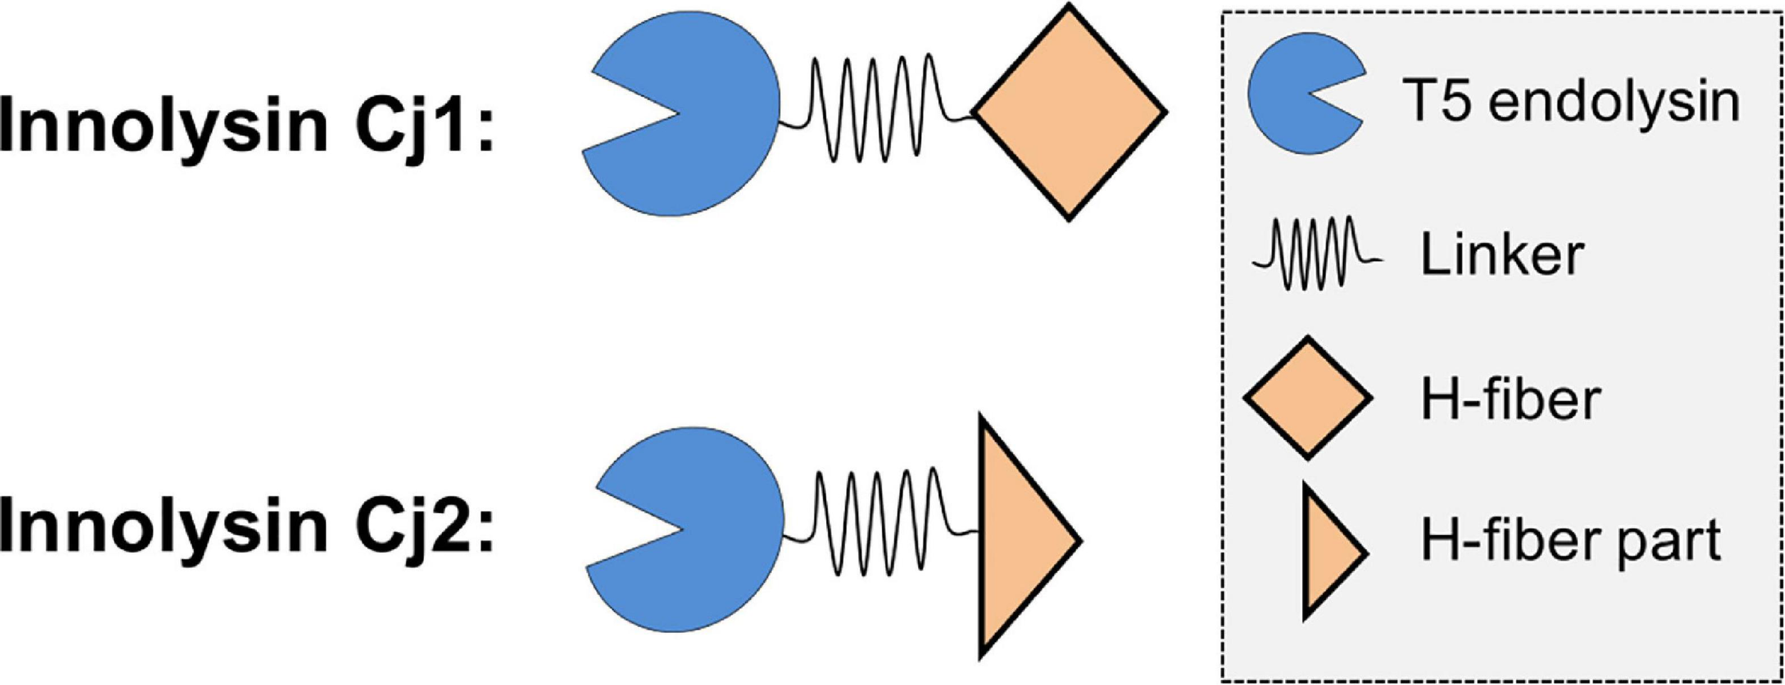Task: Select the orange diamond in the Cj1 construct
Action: tap(1069, 112)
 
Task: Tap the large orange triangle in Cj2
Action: tap(1017, 539)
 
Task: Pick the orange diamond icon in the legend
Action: tap(1307, 397)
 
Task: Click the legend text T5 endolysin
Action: tap(1571, 102)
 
